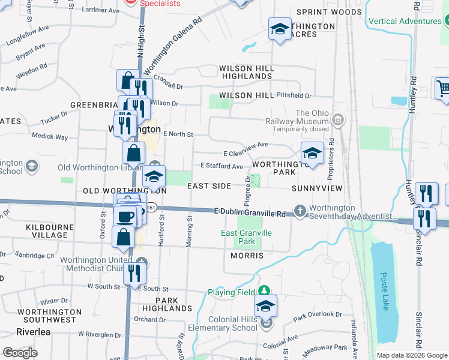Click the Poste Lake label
(x=385, y=290)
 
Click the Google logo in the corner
(x=20, y=353)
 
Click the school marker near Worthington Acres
(x=279, y=30)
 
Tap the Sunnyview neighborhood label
(x=316, y=188)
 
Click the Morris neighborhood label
(x=247, y=256)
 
